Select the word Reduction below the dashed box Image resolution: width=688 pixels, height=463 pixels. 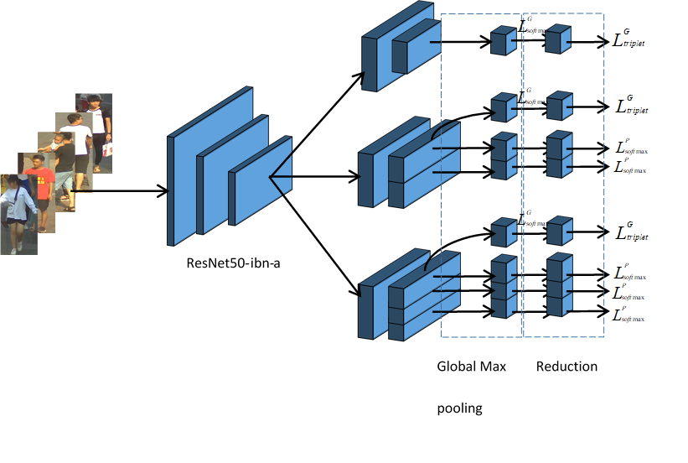pyautogui.click(x=566, y=367)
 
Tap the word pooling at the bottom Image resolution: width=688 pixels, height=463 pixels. pyautogui.click(x=460, y=409)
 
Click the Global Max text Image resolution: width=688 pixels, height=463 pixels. pyautogui.click(x=471, y=367)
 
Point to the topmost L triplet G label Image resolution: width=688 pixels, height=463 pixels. pyautogui.click(x=634, y=39)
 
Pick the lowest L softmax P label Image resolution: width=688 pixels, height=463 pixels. pyautogui.click(x=629, y=315)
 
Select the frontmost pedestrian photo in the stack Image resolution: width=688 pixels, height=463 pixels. pyautogui.click(x=18, y=214)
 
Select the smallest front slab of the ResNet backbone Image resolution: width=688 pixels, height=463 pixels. pyautogui.click(x=260, y=182)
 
